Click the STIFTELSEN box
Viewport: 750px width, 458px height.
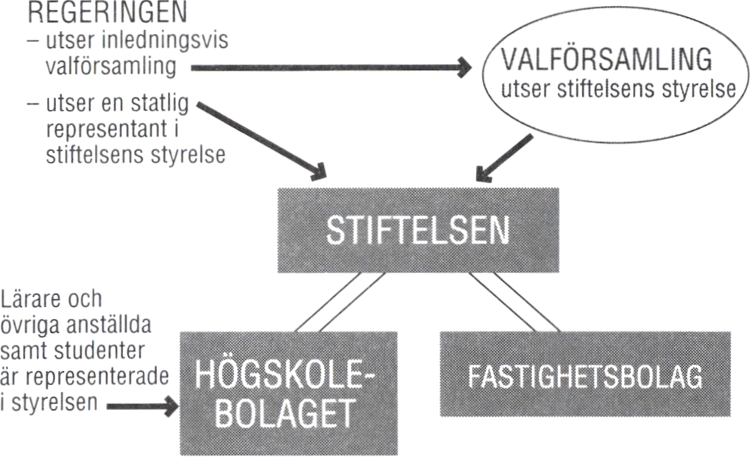point(417,230)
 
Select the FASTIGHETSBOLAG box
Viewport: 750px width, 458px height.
point(585,373)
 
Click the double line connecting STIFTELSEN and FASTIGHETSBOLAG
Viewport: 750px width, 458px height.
point(515,302)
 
